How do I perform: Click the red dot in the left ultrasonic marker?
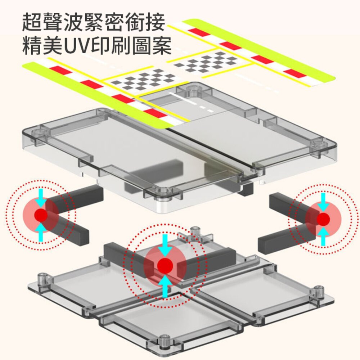41,215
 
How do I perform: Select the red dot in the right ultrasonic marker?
323,219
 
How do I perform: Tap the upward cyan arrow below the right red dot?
323,236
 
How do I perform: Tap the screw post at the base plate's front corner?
165,340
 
